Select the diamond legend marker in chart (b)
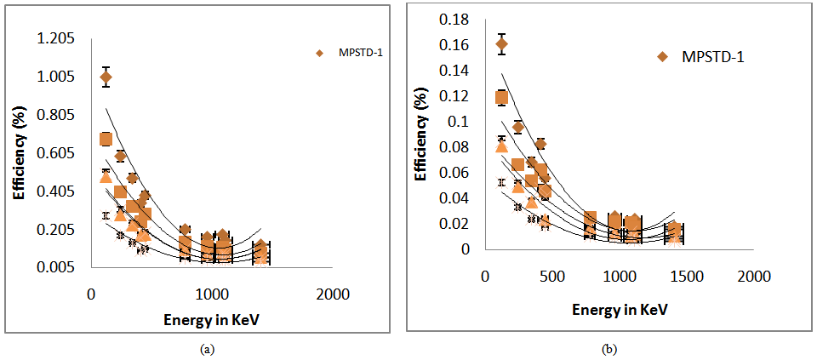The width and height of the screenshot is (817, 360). [x=663, y=57]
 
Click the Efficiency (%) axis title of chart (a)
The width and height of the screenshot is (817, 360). [x=20, y=153]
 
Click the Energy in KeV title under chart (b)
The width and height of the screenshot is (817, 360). [x=620, y=310]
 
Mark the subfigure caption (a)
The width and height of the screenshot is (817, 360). [x=205, y=349]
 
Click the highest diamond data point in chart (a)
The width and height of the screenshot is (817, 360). [x=106, y=77]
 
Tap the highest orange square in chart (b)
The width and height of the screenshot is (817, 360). [x=501, y=98]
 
